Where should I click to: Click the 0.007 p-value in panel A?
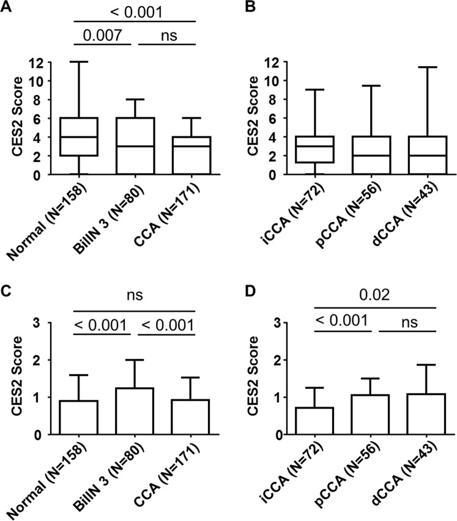[100, 34]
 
